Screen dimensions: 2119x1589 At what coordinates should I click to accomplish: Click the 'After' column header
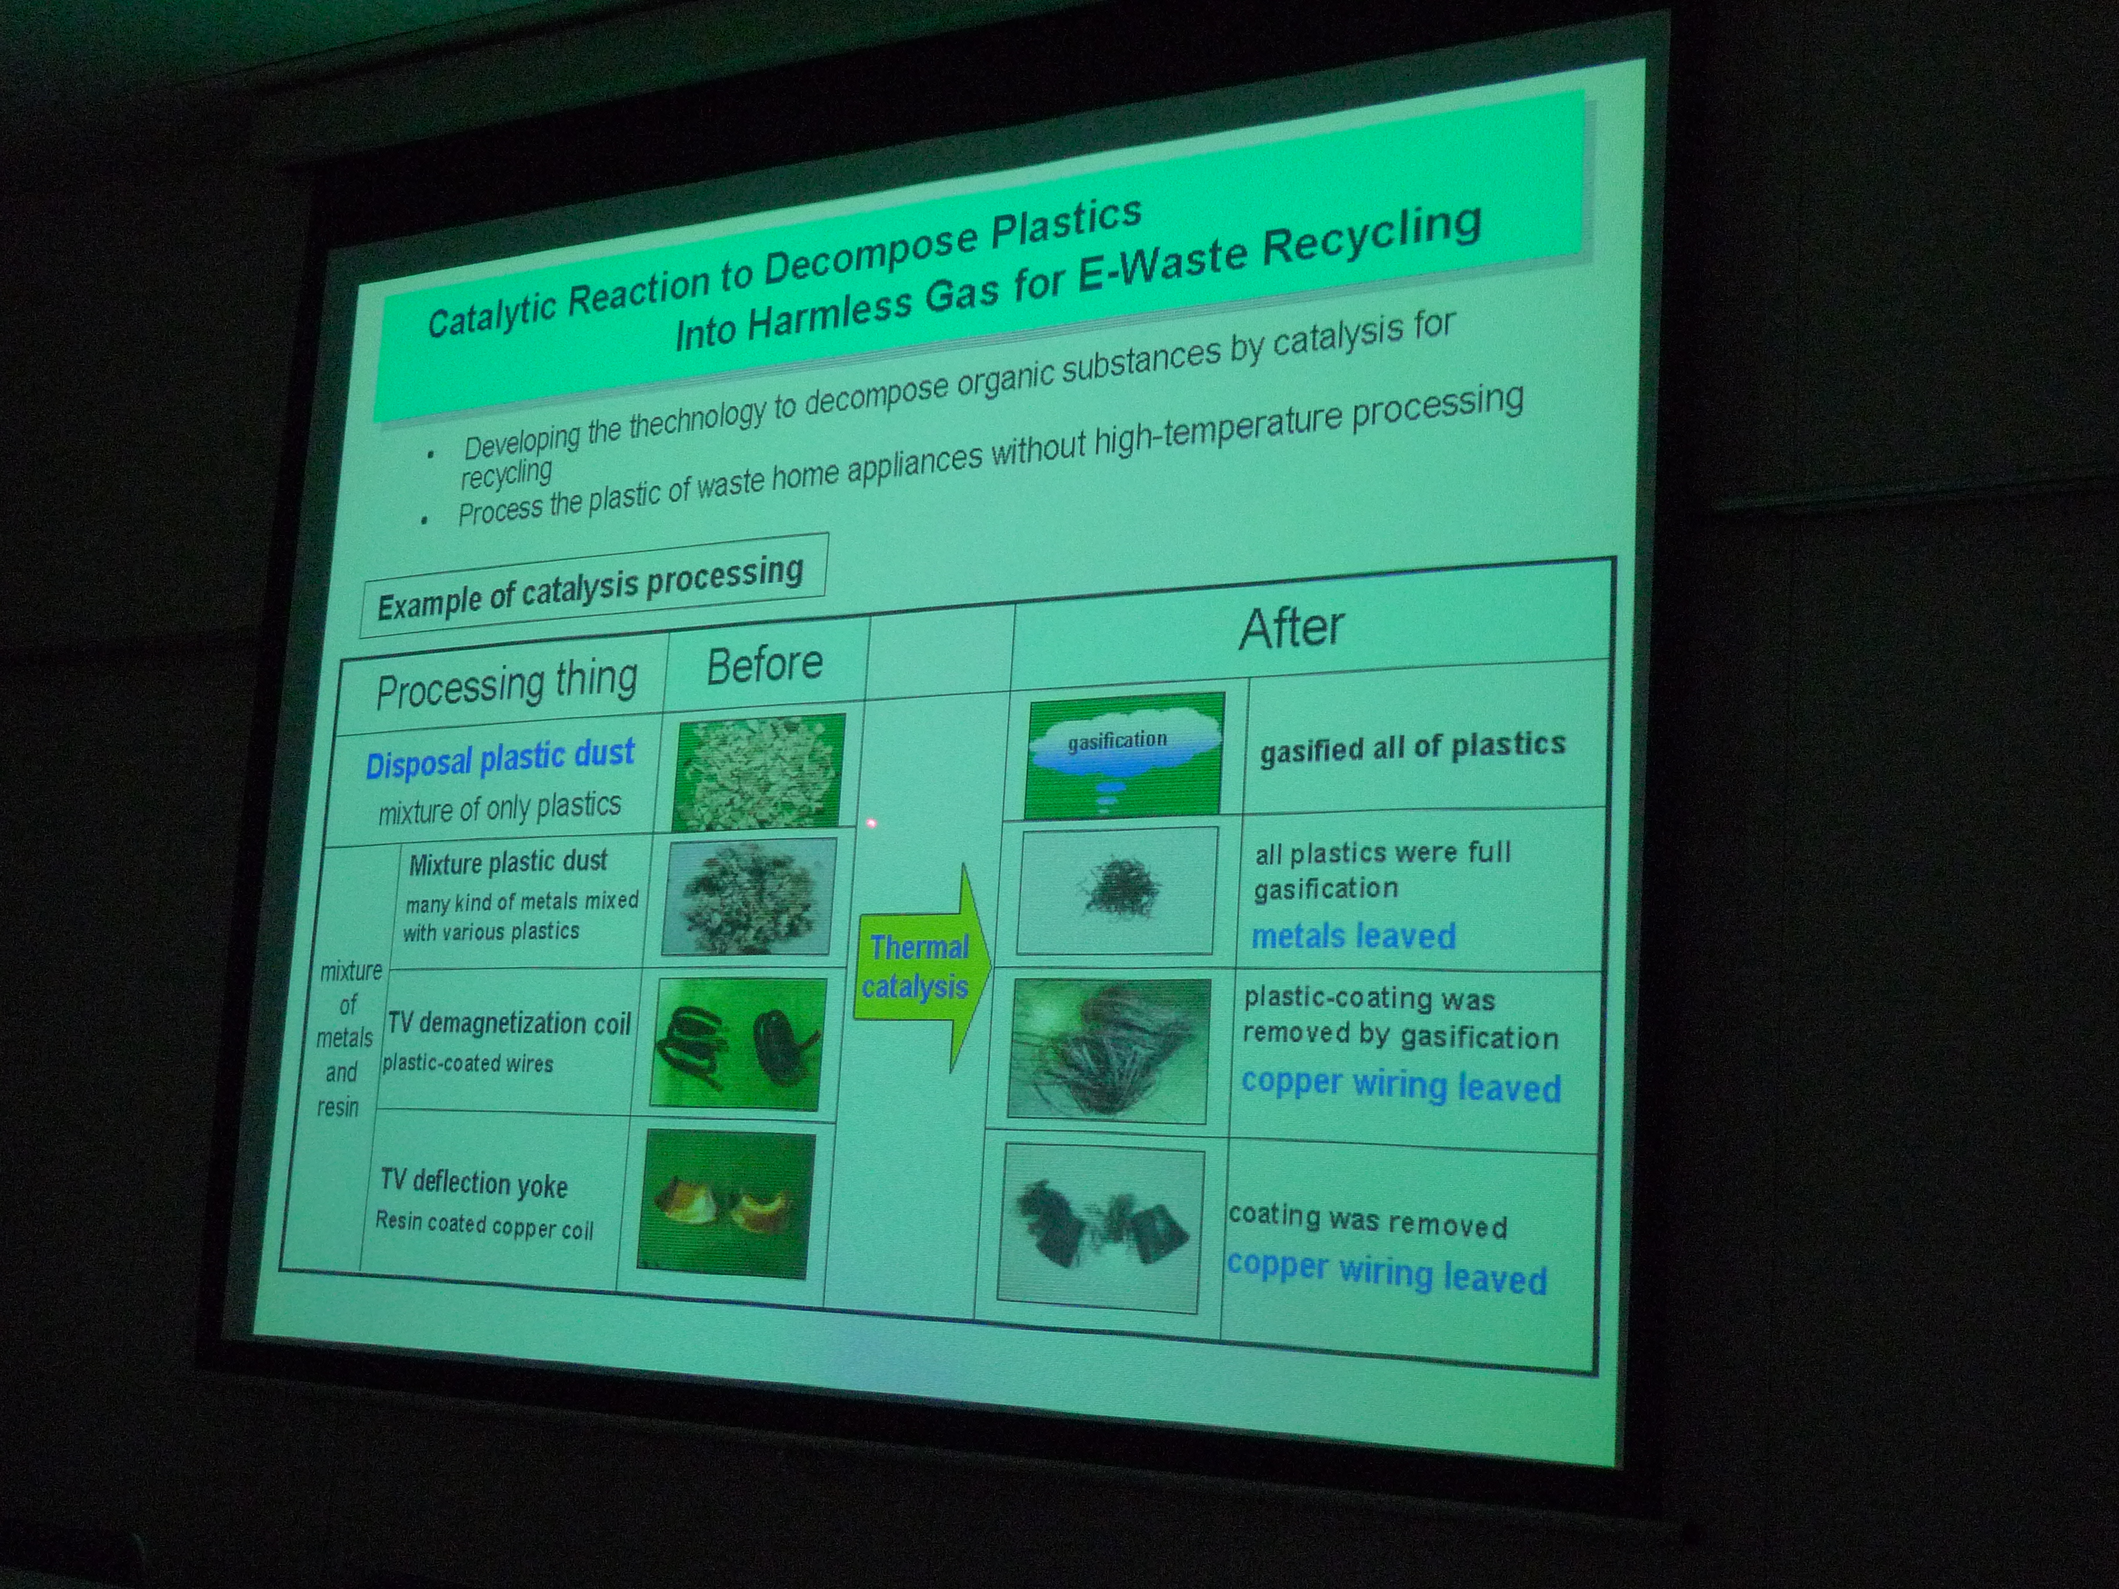1291,628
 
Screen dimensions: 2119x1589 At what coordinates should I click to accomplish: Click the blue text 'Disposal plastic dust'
500,758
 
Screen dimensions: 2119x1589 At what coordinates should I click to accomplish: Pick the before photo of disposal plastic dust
758,772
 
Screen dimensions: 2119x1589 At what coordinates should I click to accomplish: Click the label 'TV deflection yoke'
474,1183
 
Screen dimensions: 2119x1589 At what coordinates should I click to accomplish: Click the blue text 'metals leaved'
1353,936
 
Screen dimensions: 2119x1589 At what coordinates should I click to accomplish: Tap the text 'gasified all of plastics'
1412,747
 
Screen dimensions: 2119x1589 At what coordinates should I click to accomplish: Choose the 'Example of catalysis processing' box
592,585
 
